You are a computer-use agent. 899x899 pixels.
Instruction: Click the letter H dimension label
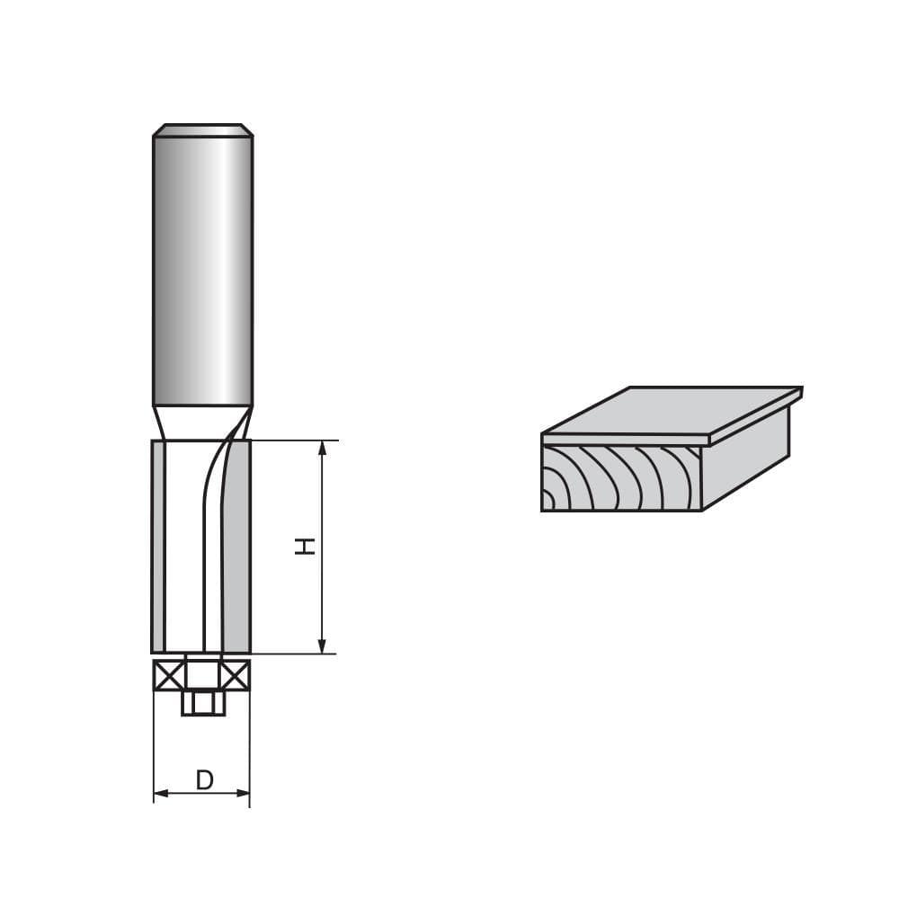pos(307,546)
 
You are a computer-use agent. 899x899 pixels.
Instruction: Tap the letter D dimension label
pos(204,779)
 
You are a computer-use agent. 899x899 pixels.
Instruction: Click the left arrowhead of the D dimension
pos(160,794)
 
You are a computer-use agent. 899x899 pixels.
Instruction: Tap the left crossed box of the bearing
pos(168,674)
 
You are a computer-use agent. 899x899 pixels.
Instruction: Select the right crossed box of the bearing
pos(236,674)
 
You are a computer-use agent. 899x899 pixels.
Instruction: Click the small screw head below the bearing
pos(202,701)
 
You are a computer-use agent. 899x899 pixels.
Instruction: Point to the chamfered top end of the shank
pos(202,130)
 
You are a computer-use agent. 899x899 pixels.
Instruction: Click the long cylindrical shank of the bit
pos(202,270)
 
